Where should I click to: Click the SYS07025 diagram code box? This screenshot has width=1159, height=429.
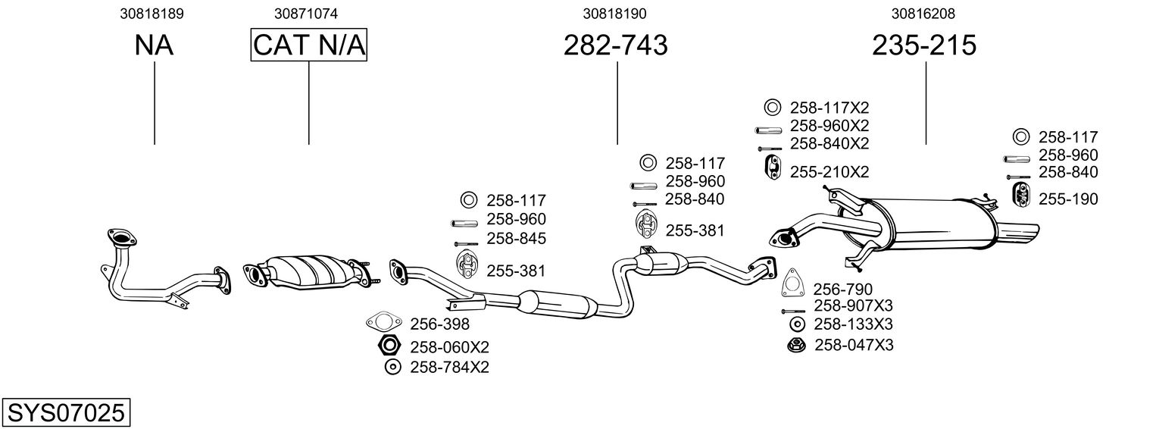click(x=65, y=413)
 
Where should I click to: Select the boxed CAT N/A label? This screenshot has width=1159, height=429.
click(x=309, y=45)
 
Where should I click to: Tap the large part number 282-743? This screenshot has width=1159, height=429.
click(x=616, y=45)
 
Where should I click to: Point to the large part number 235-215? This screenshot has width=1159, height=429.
click(x=924, y=45)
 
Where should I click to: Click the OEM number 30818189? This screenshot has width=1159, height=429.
click(x=152, y=14)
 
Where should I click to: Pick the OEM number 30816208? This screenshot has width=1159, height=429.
click(x=923, y=14)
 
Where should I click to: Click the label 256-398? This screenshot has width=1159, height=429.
click(x=439, y=324)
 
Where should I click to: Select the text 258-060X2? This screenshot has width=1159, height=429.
click(x=449, y=347)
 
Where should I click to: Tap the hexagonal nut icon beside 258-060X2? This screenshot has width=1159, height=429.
click(x=389, y=347)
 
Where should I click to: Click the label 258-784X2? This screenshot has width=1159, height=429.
click(x=449, y=368)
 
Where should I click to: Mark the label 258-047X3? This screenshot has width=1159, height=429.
click(x=854, y=346)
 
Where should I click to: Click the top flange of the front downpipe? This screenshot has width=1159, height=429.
click(x=120, y=236)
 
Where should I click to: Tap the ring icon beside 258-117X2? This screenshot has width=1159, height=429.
click(x=772, y=108)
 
